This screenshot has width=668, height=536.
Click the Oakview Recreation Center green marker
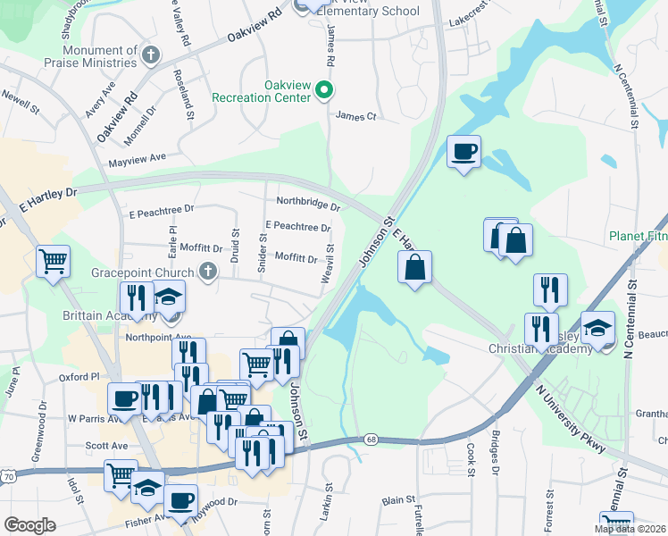pyautogui.click(x=325, y=89)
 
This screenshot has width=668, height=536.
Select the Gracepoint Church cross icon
pyautogui.click(x=208, y=272)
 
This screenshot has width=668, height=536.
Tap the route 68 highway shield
pyautogui.click(x=371, y=440)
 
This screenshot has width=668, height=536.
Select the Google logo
pyautogui.click(x=30, y=525)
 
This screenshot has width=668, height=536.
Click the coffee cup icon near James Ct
pyautogui.click(x=463, y=151)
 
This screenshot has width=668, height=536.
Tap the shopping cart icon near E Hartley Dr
pyautogui.click(x=53, y=262)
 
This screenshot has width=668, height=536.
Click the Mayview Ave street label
pyautogui.click(x=138, y=159)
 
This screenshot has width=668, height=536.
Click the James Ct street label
pyautogui.click(x=356, y=116)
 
